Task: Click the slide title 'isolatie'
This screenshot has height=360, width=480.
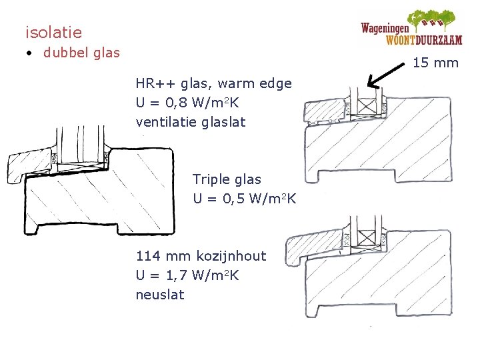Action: click(x=53, y=32)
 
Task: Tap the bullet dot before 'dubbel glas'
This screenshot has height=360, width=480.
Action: click(x=30, y=53)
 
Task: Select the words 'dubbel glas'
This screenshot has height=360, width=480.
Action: click(x=81, y=53)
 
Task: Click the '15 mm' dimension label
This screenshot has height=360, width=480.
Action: click(x=436, y=63)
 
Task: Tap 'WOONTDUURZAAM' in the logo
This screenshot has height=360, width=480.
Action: click(x=423, y=39)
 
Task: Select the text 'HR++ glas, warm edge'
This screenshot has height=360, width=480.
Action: click(x=213, y=84)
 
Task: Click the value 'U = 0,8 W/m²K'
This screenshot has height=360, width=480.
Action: click(x=187, y=103)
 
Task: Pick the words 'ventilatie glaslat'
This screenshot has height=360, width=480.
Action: click(x=191, y=122)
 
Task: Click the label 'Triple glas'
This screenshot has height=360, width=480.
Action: click(x=227, y=179)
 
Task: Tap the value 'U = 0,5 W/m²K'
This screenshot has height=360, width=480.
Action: click(x=245, y=199)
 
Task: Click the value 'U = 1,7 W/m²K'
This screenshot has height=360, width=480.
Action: click(x=187, y=275)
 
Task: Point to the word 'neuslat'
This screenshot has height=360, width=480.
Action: click(x=160, y=294)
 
